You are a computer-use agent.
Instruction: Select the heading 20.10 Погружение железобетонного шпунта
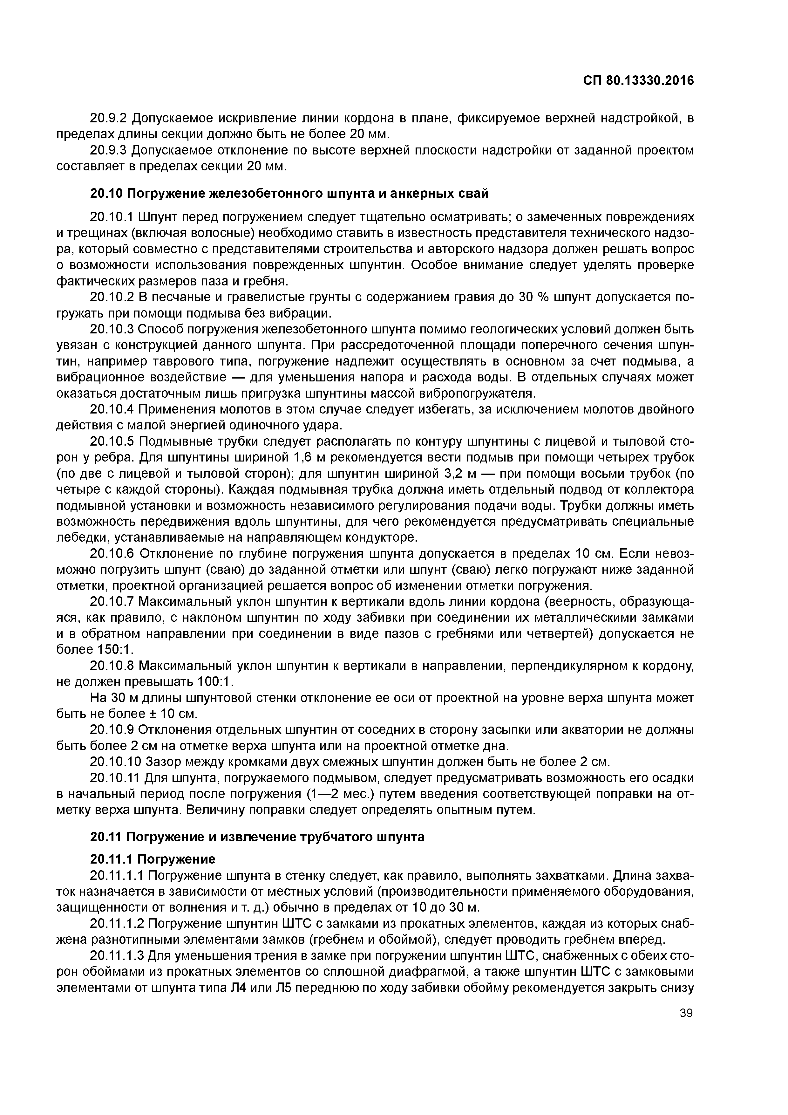coord(289,193)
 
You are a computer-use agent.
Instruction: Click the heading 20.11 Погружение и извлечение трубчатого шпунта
coord(257,837)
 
